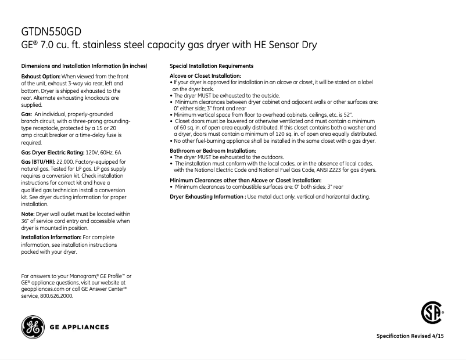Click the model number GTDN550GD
(56, 31)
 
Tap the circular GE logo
(33, 327)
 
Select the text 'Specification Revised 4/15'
(414, 337)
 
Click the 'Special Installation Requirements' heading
(211, 66)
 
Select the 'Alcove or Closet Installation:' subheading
(205, 76)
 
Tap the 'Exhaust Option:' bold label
(41, 77)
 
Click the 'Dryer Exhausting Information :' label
(207, 196)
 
